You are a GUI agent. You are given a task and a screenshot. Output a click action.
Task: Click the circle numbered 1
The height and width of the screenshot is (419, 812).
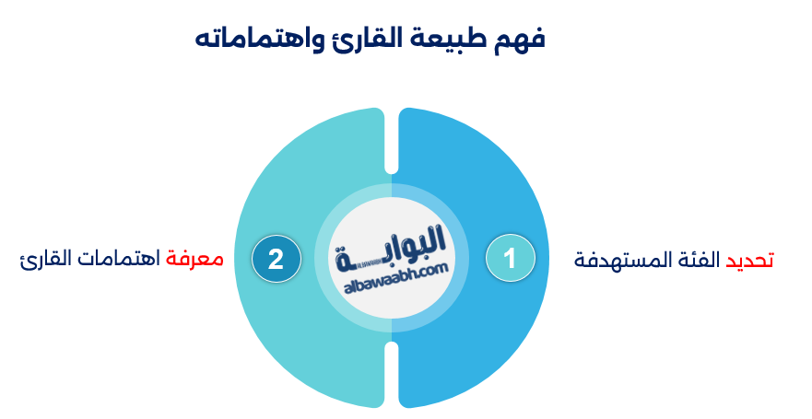pyautogui.click(x=510, y=258)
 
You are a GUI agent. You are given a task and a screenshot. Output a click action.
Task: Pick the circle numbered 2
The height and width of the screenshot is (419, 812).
pyautogui.click(x=276, y=258)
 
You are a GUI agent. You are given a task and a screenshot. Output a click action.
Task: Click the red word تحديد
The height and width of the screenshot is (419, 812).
pyautogui.click(x=749, y=260)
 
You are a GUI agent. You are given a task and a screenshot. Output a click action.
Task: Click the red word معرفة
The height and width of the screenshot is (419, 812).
pyautogui.click(x=194, y=258)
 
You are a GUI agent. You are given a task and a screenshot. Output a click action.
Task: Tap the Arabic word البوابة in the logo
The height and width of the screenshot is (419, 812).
pyautogui.click(x=391, y=248)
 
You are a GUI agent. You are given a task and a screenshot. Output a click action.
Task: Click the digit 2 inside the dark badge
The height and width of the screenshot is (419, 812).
pyautogui.click(x=276, y=259)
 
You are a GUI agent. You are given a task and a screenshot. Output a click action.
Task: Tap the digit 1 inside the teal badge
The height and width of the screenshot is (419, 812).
pyautogui.click(x=511, y=258)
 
